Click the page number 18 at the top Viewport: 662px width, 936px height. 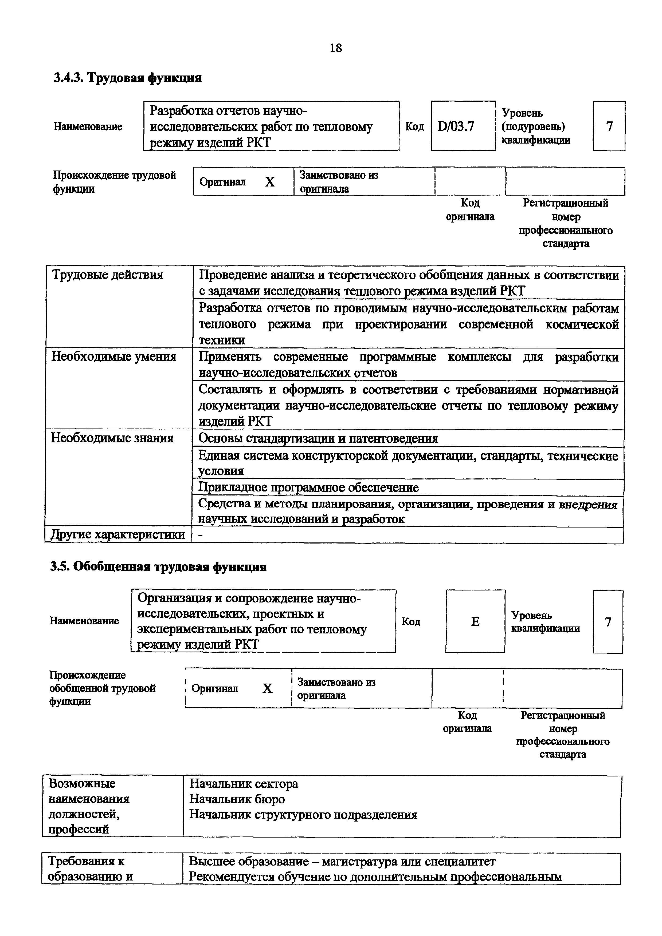click(x=335, y=48)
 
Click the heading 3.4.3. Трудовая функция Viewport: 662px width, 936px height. click(x=128, y=77)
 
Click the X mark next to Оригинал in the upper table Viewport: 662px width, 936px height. click(x=270, y=182)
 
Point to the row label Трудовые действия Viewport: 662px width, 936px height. click(x=108, y=275)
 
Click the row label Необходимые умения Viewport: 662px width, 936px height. click(x=114, y=357)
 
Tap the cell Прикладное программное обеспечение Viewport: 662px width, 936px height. click(x=308, y=487)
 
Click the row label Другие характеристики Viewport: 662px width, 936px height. click(x=117, y=534)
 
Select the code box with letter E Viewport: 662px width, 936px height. click(x=475, y=621)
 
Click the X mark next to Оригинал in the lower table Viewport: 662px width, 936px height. click(x=267, y=689)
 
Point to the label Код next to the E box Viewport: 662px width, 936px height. click(x=411, y=621)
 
